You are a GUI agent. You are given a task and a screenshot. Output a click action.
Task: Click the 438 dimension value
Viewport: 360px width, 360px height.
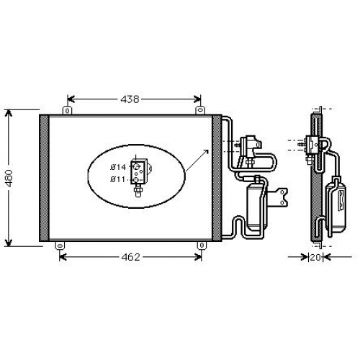pyautogui.click(x=130, y=99)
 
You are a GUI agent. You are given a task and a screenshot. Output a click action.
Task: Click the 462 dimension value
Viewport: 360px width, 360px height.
pyautogui.click(x=130, y=257)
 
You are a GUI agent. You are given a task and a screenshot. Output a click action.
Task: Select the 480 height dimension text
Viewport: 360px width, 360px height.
pyautogui.click(x=9, y=179)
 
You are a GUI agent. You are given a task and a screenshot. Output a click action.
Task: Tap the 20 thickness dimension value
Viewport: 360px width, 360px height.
pyautogui.click(x=315, y=258)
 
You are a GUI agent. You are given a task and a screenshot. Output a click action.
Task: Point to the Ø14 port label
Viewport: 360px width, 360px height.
pyautogui.click(x=118, y=167)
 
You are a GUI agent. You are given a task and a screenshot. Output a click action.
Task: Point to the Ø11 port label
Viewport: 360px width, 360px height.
pyautogui.click(x=117, y=179)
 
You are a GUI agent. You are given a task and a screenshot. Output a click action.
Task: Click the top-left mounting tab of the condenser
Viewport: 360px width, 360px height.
pyautogui.click(x=68, y=110)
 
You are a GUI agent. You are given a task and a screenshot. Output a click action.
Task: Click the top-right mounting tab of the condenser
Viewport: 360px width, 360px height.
pyautogui.click(x=200, y=110)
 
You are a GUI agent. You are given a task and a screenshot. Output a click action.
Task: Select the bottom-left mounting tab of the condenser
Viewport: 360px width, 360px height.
pyautogui.click(x=60, y=246)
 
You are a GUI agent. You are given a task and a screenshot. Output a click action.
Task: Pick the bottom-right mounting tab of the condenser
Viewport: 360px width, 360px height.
pyautogui.click(x=202, y=246)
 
